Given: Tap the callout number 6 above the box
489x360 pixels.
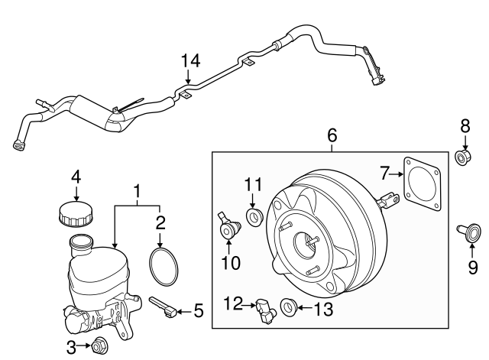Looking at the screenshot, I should coord(332,135).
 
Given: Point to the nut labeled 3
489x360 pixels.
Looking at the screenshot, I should coord(99,348).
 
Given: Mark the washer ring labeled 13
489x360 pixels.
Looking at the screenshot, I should coord(289,308).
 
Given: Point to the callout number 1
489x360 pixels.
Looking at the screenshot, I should coord(138,188).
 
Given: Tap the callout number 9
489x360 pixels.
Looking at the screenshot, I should coord(471,267).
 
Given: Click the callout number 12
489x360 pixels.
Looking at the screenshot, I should coord(234,304).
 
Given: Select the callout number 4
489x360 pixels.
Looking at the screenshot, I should coord(76,177).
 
